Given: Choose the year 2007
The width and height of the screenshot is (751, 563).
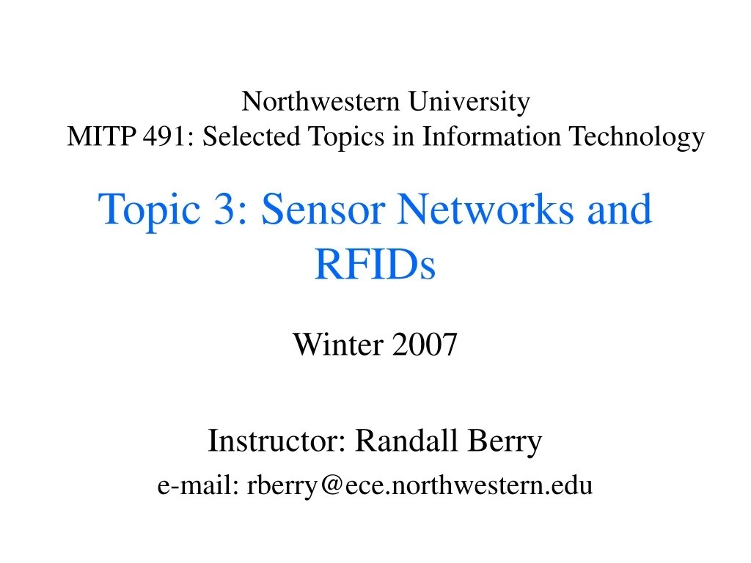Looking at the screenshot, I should tap(425, 343).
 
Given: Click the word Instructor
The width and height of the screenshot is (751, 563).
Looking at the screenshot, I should tap(277, 441).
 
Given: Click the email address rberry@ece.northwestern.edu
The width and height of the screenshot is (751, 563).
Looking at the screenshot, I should tap(420, 485).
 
